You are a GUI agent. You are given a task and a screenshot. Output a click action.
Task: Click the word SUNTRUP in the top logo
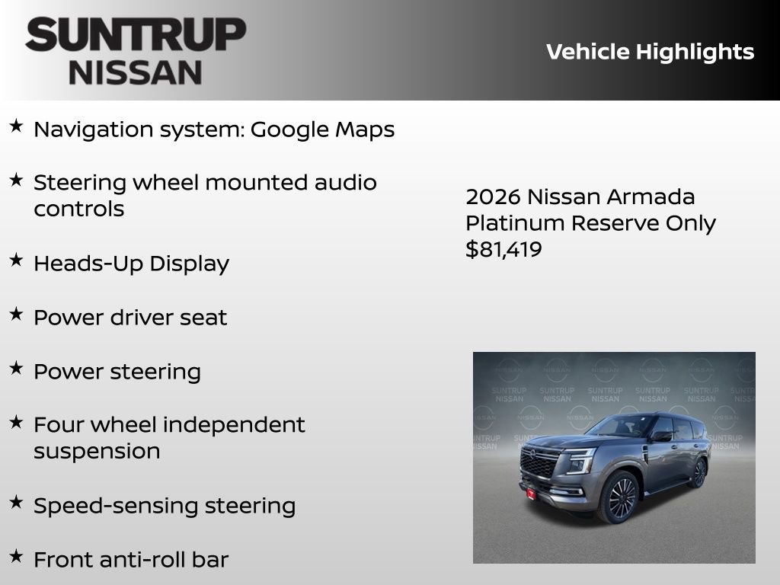136,35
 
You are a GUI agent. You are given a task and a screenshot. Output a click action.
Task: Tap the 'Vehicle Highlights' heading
650,52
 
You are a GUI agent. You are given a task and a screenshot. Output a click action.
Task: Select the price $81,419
503,249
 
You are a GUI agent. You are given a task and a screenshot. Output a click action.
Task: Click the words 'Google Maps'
322,129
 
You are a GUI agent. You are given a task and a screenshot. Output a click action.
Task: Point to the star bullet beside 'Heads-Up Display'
16,260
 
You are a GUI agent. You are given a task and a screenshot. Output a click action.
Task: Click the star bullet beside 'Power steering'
16,368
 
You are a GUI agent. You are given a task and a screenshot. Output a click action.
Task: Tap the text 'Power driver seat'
130,317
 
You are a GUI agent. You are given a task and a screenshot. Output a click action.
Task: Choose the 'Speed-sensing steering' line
165,506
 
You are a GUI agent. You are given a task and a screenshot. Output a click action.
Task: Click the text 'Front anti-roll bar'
131,560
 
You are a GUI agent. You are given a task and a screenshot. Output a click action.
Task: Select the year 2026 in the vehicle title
493,197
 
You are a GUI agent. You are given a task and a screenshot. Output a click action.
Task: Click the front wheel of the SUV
622,497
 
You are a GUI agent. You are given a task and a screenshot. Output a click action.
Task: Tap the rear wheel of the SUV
698,473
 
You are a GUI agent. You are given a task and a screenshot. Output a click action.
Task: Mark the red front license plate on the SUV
531,492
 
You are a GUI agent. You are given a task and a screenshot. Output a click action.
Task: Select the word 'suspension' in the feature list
97,451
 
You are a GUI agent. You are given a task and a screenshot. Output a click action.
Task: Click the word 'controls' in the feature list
78,209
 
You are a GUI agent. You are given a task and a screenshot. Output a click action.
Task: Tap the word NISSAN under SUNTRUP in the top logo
136,72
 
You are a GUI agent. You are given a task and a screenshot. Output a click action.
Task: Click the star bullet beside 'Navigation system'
16,126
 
